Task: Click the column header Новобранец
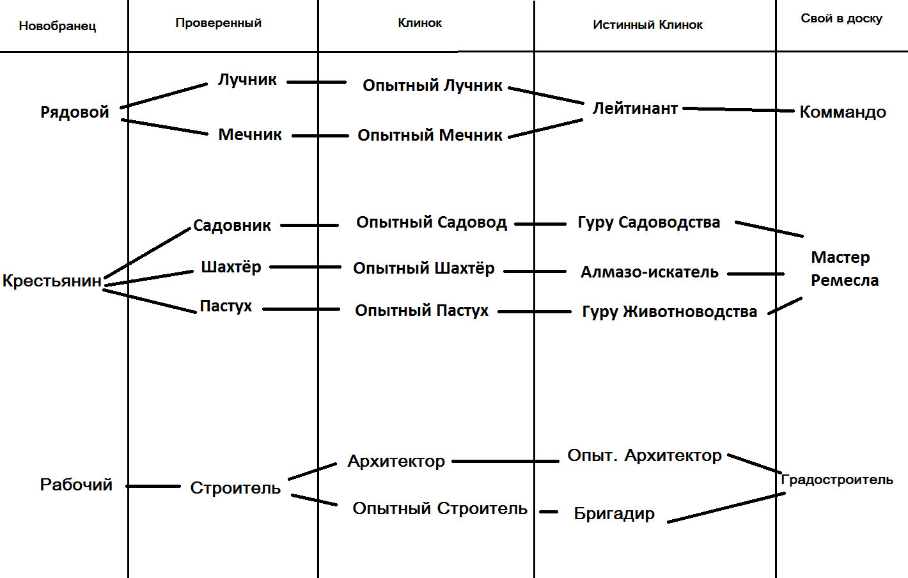click(58, 26)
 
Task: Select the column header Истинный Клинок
click(647, 25)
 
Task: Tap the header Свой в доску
click(841, 19)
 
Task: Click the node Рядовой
click(75, 113)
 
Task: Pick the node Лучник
click(247, 80)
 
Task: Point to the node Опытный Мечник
click(430, 136)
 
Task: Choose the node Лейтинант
click(635, 109)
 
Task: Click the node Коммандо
click(842, 113)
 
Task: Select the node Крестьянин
click(52, 281)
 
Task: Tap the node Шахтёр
click(231, 267)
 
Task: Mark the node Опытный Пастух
click(421, 311)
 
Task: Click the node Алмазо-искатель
click(649, 272)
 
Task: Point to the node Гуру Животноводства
click(669, 312)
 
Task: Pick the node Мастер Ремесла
click(844, 269)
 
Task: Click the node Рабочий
click(76, 485)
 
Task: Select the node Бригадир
click(614, 513)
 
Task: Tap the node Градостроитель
click(836, 480)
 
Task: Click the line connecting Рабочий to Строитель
click(153, 487)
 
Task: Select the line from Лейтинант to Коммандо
click(739, 110)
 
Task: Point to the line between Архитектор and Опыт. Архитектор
click(505, 461)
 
